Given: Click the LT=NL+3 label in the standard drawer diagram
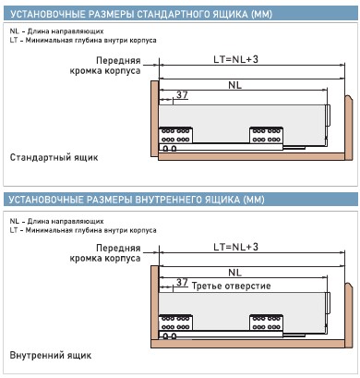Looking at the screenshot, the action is tap(236, 59).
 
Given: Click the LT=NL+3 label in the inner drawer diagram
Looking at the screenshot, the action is tap(236, 247).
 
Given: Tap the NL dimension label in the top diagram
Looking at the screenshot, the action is tap(235, 85).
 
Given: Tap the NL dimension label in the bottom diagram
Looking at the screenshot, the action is tap(235, 273).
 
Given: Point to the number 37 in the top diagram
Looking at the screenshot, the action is tap(182, 95).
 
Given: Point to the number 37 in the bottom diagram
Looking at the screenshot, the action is tap(182, 282).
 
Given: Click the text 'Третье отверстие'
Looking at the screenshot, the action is tap(231, 286).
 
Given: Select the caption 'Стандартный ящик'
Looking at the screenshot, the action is tap(54, 157).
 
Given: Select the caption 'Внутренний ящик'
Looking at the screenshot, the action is tap(51, 355).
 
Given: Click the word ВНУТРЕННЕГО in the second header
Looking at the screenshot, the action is tap(165, 200).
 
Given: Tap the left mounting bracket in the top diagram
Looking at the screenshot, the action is tap(175, 135).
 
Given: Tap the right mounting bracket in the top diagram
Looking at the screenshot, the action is tap(266, 135).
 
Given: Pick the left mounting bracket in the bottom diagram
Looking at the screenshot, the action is tap(175, 323).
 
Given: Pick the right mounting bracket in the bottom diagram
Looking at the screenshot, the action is tap(266, 323).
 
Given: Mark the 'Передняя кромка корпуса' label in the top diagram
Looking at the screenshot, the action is tap(105, 66).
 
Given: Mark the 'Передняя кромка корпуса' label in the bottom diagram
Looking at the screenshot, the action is tap(105, 253).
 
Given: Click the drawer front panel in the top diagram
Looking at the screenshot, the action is tap(154, 120).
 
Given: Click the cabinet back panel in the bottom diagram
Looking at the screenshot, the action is tap(348, 315).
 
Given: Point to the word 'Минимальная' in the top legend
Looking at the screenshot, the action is tap(49, 40).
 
